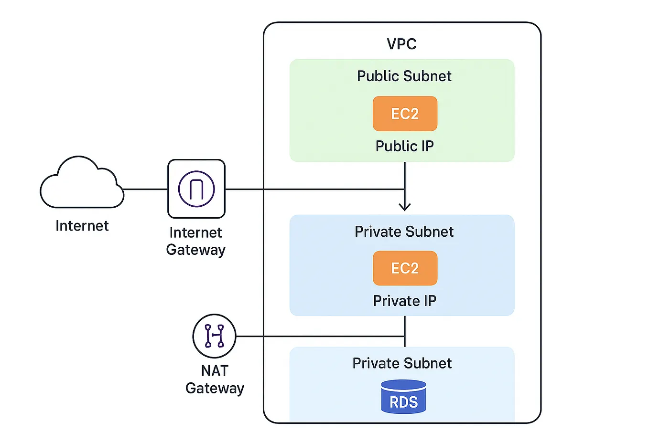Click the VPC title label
[x=401, y=44]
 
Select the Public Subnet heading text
[x=404, y=76]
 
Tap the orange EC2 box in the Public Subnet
[x=405, y=114]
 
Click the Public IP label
[x=404, y=146]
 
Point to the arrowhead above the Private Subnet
[x=405, y=207]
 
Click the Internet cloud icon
[x=81, y=184]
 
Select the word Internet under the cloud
[x=82, y=225]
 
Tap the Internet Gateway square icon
[x=196, y=189]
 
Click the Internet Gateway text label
[x=195, y=241]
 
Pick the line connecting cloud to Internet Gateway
[x=146, y=189]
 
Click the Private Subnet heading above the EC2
[x=404, y=232]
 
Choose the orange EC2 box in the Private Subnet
[x=405, y=268]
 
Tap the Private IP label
[x=404, y=301]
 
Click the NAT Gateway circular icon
[x=214, y=336]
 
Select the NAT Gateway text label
[x=215, y=379]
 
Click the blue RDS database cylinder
[x=403, y=397]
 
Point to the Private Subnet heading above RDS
[x=402, y=363]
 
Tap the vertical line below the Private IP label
[x=405, y=327]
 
